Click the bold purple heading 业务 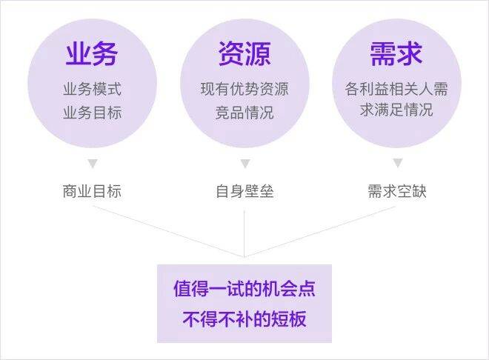92,53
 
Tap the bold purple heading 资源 245,53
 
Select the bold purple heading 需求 396,53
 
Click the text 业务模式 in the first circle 92,89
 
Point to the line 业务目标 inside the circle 92,113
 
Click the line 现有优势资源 245,89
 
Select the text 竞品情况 245,113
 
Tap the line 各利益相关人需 396,89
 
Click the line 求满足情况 396,110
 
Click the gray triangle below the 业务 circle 93,163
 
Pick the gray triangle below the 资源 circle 245,163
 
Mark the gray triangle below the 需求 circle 397,163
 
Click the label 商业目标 92,191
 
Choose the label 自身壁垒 245,191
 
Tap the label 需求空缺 397,191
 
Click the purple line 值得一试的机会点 245,289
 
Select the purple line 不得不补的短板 245,319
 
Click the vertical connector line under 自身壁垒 245,234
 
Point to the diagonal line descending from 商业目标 168,232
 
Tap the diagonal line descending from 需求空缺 320,232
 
